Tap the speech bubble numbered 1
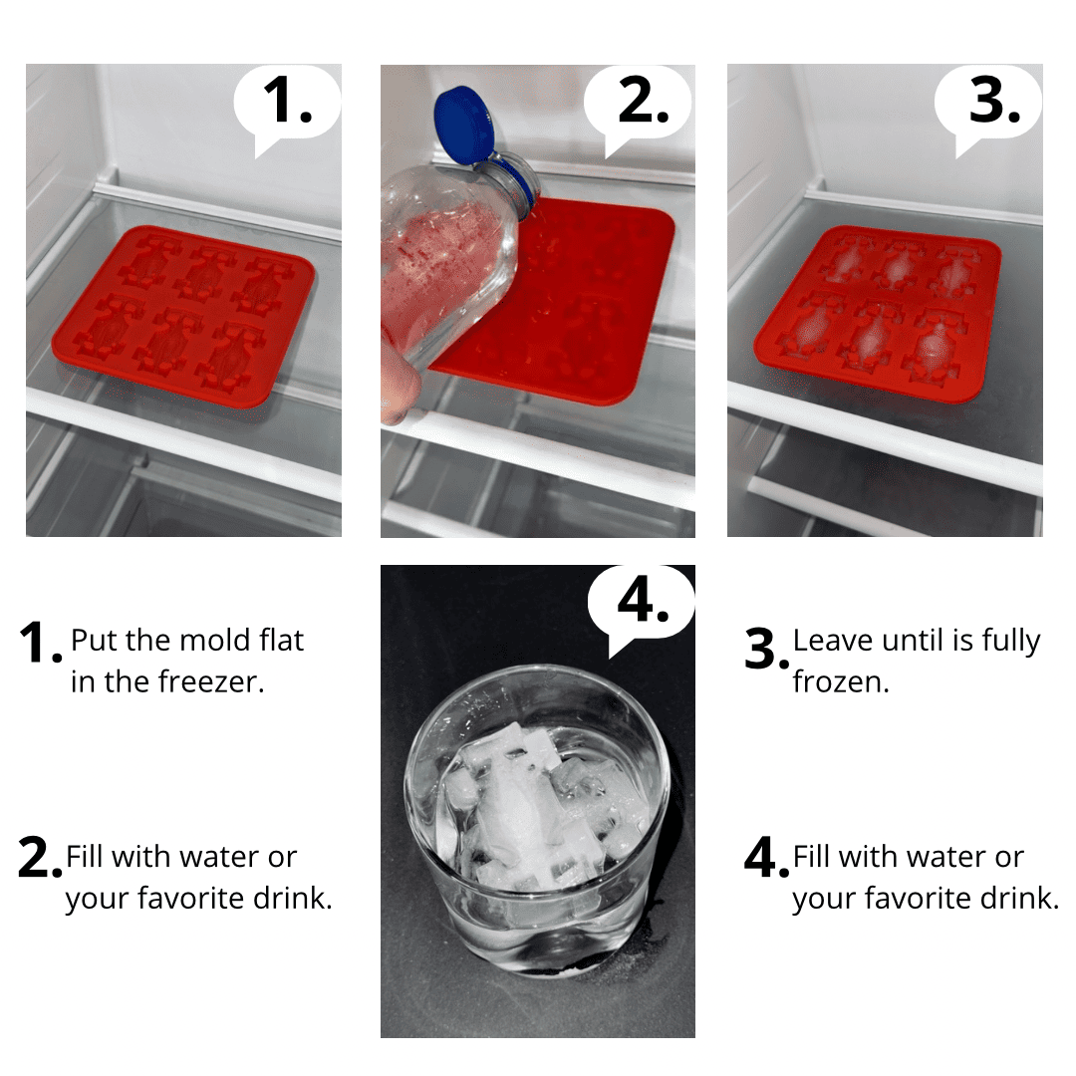pos(287,107)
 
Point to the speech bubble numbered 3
pos(988,107)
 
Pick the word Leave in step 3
pos(832,641)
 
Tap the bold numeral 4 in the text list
pos(762,857)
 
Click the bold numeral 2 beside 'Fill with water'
pos(36,857)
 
